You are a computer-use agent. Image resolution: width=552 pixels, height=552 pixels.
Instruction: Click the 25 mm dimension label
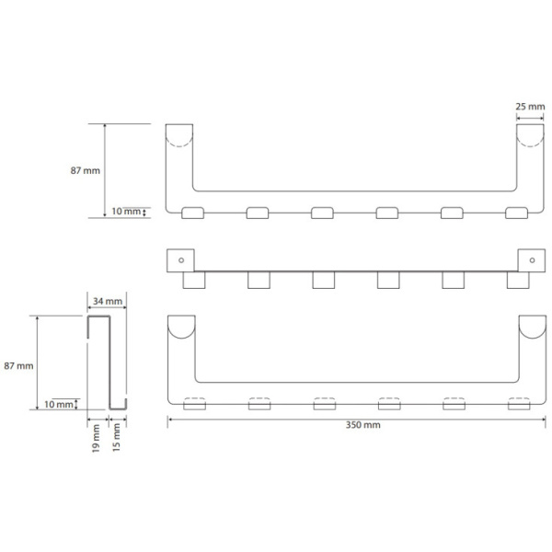[x=530, y=107]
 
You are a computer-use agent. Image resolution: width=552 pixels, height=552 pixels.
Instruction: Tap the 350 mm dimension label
[x=363, y=425]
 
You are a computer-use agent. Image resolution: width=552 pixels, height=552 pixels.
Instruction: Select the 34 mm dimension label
[x=108, y=302]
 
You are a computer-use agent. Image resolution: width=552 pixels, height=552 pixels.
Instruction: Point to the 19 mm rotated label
[x=96, y=438]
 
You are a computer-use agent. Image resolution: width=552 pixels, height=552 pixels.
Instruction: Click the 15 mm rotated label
[x=117, y=437]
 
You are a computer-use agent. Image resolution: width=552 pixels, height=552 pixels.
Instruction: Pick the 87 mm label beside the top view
[x=86, y=171]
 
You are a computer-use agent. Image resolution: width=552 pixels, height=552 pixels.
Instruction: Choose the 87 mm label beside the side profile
[x=18, y=366]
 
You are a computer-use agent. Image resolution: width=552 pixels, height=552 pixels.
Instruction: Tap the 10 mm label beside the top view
[x=126, y=212]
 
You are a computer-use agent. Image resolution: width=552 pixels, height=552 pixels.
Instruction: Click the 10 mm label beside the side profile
[x=59, y=404]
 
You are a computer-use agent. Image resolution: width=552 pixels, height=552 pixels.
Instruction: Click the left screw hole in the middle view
[x=181, y=260]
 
